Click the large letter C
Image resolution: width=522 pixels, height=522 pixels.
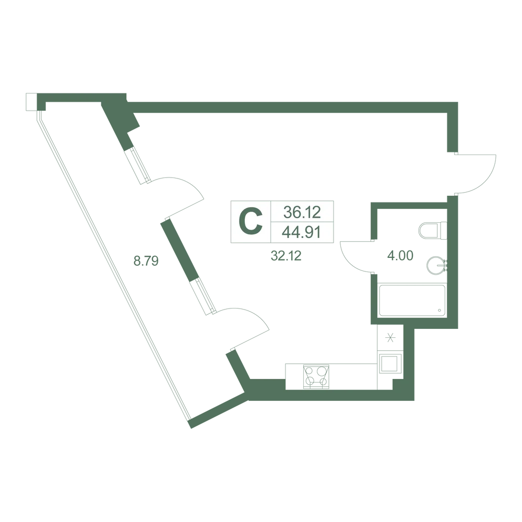click(x=252, y=221)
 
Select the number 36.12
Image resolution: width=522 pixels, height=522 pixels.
click(x=302, y=212)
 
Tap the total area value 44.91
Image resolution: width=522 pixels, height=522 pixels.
click(x=302, y=232)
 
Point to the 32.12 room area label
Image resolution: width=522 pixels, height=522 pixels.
click(x=286, y=256)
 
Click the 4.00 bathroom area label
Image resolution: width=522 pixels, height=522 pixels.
click(x=400, y=255)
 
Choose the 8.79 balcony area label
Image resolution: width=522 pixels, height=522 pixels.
click(x=146, y=260)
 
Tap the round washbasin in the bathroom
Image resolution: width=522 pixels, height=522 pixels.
click(x=436, y=265)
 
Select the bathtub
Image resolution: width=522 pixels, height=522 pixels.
click(x=412, y=301)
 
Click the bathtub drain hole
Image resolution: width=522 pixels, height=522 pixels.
click(x=440, y=311)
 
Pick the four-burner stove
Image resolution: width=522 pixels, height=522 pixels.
click(x=316, y=376)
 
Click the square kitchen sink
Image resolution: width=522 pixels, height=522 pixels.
click(x=389, y=363)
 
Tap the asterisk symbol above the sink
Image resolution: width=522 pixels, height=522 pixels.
click(x=390, y=338)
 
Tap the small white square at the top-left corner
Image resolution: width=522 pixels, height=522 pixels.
click(x=31, y=102)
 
